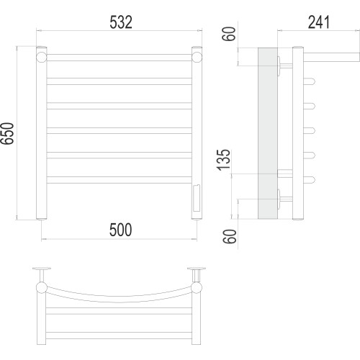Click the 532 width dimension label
coord(121,22)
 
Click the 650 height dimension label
coord(7,133)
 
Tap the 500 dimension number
coord(120,230)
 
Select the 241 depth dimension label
coord(319,22)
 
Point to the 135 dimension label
coord(223,160)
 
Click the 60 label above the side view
coord(229,34)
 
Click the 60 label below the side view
coord(230,236)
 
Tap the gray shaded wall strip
coord(268,133)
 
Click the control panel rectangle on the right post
coord(197,198)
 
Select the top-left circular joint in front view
coord(41,58)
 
